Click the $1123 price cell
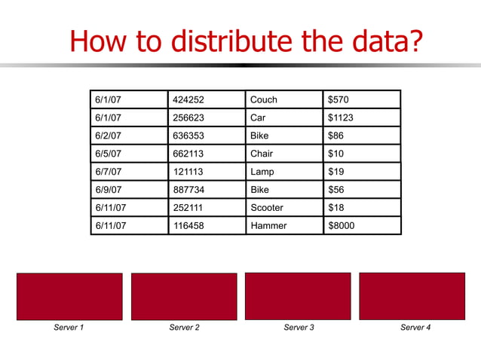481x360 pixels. (362, 117)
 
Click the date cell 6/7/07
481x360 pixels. (129, 172)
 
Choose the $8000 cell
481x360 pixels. (362, 226)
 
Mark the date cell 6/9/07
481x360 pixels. (129, 190)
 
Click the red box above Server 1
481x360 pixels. (69, 296)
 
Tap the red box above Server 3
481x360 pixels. (298, 296)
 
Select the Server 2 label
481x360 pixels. (184, 328)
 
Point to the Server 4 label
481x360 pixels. (415, 328)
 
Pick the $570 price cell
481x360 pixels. (362, 99)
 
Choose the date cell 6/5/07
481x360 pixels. (129, 154)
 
